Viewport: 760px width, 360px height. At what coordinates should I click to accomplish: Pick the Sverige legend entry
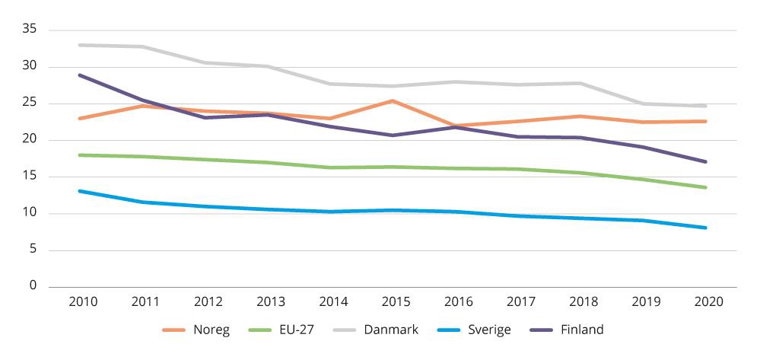click(489, 330)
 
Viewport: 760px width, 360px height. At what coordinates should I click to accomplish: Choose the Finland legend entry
click(581, 330)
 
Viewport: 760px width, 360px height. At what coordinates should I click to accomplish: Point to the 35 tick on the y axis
click(31, 30)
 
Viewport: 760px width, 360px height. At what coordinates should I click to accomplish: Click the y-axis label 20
click(31, 140)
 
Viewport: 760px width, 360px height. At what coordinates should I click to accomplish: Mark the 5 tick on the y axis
click(34, 250)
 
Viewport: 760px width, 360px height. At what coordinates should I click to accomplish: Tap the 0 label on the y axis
click(34, 286)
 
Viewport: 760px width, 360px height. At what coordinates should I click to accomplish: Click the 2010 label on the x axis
click(83, 302)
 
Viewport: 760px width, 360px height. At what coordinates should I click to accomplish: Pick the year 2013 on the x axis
click(270, 302)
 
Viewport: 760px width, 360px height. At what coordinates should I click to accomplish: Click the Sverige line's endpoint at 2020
click(706, 228)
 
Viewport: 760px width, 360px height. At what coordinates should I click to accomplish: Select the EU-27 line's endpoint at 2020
click(706, 187)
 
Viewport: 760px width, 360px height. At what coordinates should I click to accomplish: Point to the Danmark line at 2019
click(644, 104)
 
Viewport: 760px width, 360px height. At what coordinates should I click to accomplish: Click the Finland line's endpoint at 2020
click(706, 161)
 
